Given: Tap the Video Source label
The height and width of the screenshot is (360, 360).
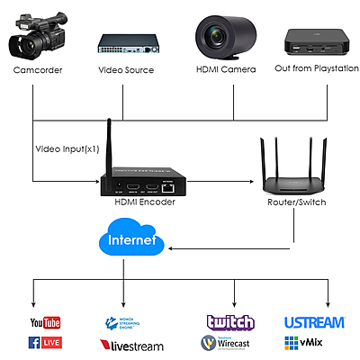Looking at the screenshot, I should [x=127, y=70].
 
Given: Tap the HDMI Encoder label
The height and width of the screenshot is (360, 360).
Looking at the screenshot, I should [x=145, y=202].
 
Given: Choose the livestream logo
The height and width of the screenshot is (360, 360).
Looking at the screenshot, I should [x=131, y=345].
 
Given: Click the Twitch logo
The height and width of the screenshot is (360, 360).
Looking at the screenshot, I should [x=230, y=321].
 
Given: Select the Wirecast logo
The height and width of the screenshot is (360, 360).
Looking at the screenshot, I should [x=230, y=343].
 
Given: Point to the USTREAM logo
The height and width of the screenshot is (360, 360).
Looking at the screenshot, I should [x=315, y=321].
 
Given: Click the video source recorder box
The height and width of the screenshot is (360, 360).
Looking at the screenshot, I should [x=127, y=43].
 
